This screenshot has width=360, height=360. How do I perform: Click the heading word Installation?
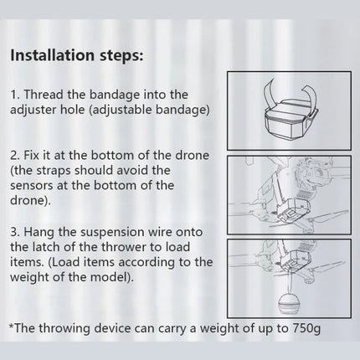[x=52, y=55]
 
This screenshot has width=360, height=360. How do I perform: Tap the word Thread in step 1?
[x=44, y=95]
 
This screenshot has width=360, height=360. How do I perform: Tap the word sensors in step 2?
[x=32, y=186]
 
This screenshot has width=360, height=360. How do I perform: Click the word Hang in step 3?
[x=39, y=232]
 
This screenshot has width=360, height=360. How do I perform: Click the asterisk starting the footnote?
[x=12, y=326]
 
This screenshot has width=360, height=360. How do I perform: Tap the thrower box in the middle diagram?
[x=291, y=208]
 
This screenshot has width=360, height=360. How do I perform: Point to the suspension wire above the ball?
[x=289, y=282]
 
